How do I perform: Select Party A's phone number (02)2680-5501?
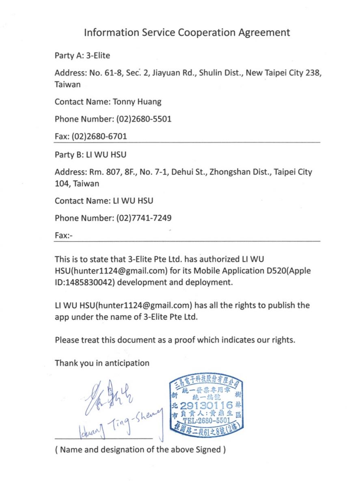click(144, 119)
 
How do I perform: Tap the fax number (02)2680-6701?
click(99, 137)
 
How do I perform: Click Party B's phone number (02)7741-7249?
click(144, 218)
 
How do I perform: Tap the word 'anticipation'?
click(127, 363)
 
